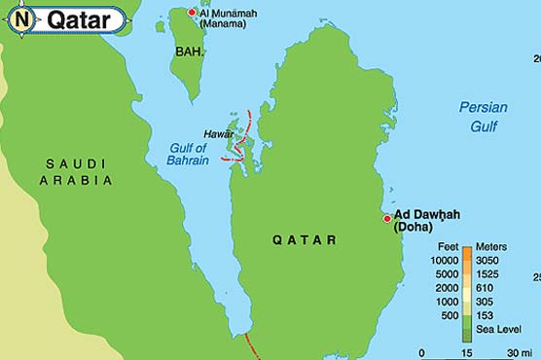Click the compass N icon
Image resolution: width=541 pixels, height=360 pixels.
(x=22, y=18)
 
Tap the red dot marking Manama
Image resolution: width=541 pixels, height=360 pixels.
(x=192, y=12)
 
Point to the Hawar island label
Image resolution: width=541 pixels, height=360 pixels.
(x=218, y=133)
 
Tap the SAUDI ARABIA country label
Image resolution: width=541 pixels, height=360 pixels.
(x=77, y=172)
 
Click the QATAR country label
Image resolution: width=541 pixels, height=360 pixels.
(x=305, y=239)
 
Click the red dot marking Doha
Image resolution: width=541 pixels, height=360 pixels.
(x=386, y=218)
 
